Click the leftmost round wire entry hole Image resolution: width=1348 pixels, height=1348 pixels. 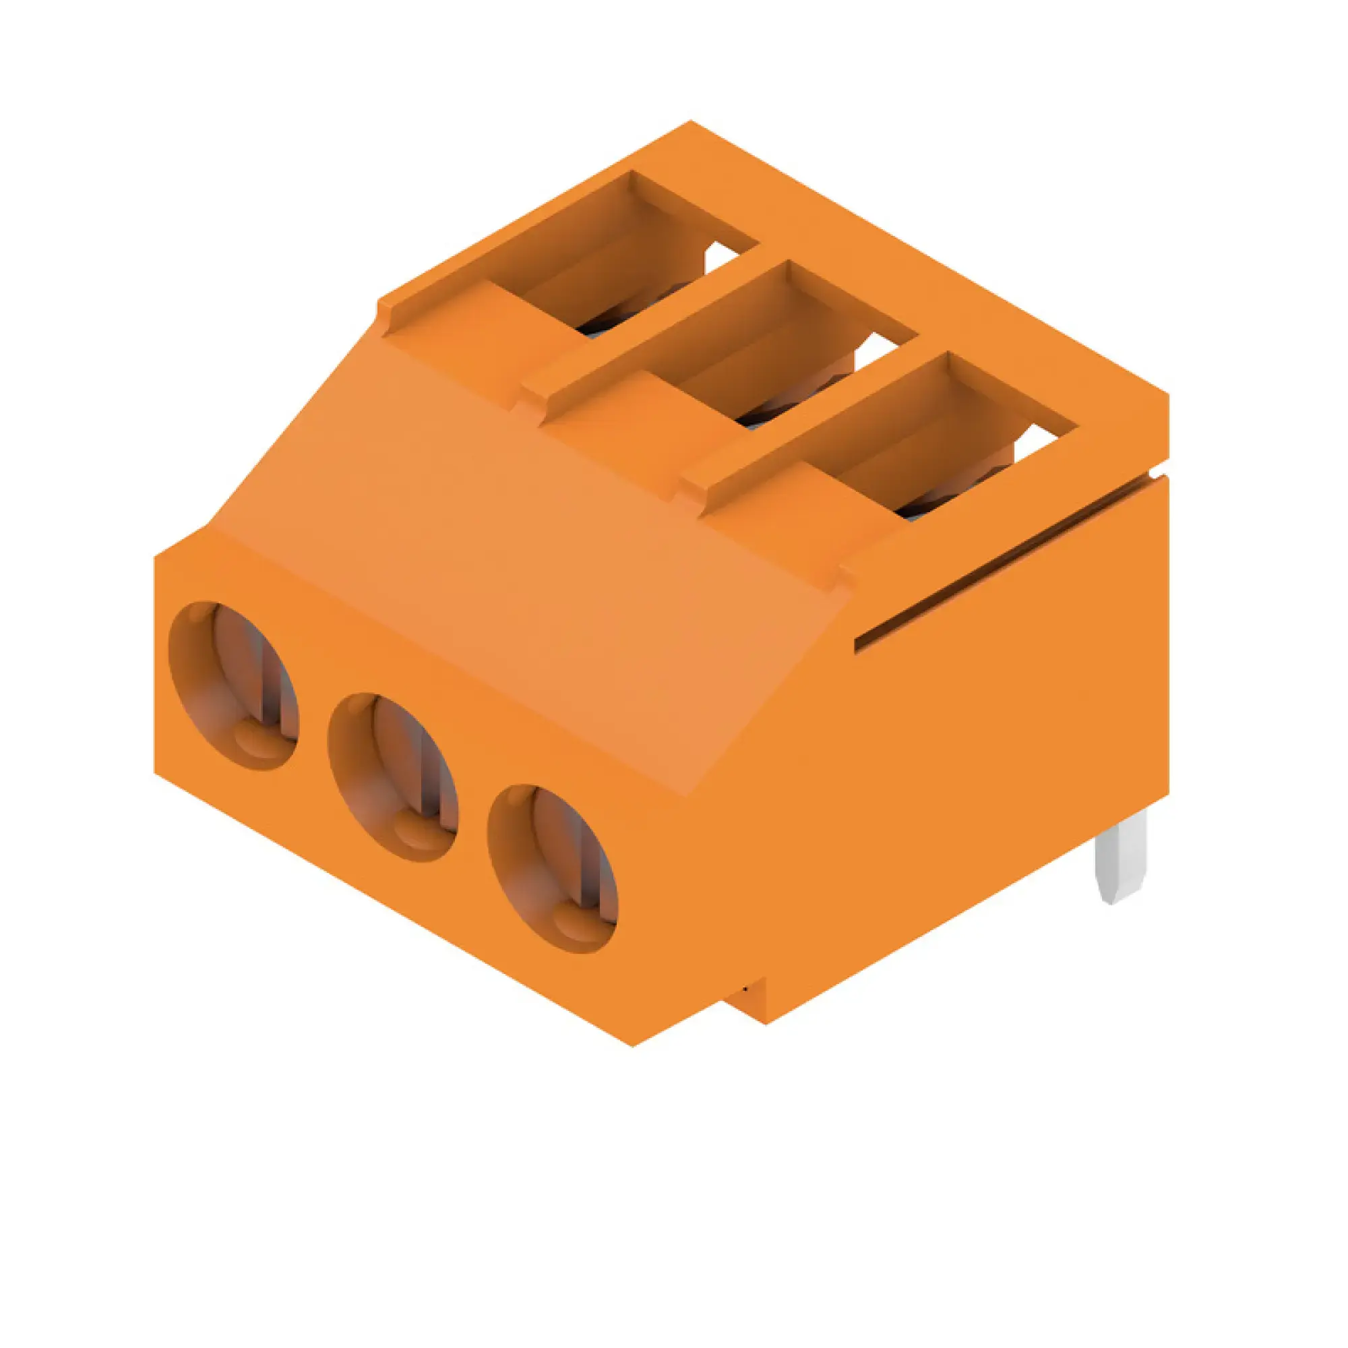point(234,686)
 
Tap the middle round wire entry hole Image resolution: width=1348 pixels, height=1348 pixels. point(393,777)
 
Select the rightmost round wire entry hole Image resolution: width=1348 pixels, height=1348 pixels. point(552,869)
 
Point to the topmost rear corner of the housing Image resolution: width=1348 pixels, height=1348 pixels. point(690,121)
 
